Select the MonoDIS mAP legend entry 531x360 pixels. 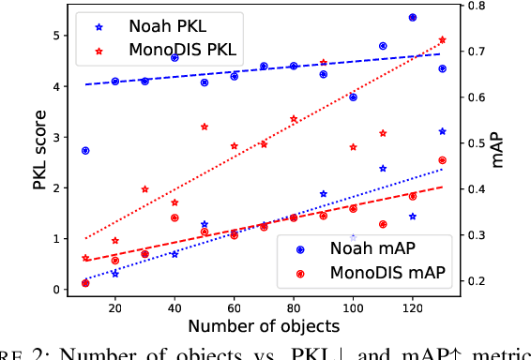point(375,274)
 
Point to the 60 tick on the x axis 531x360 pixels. point(234,307)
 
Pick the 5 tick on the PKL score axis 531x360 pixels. point(57,36)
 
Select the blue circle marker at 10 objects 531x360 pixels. point(85,150)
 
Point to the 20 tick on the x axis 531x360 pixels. point(115,307)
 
